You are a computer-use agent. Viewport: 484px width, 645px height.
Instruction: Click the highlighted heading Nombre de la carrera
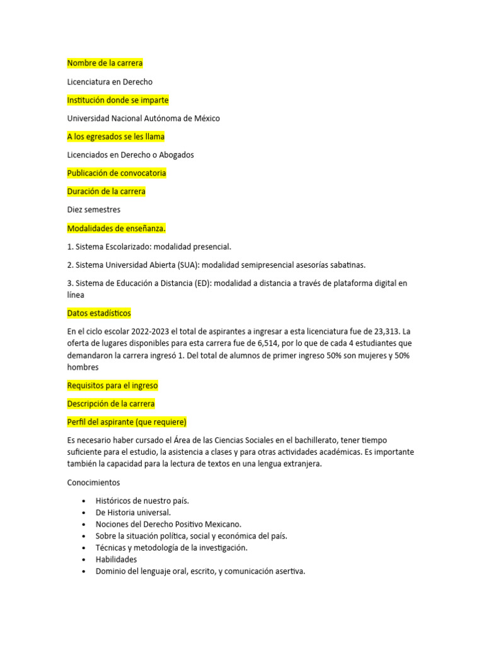point(105,63)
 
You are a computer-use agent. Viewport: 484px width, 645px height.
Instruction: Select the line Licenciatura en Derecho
point(110,82)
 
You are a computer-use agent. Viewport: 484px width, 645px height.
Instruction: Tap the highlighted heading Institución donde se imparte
point(118,100)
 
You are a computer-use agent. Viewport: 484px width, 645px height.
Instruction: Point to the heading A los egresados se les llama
point(116,137)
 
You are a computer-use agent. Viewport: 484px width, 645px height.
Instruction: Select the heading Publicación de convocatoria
point(117,173)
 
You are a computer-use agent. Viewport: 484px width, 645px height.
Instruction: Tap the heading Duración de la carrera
point(106,191)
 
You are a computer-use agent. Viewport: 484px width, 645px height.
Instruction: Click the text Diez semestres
point(94,210)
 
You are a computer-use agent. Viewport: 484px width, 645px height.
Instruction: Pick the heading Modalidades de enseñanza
point(117,228)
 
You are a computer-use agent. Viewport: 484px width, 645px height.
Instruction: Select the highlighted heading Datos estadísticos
point(99,313)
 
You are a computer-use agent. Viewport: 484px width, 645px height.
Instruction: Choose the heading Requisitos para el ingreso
point(112,385)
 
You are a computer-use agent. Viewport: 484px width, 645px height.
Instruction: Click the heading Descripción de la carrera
point(111,404)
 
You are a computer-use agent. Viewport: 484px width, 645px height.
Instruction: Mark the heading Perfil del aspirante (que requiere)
point(127,422)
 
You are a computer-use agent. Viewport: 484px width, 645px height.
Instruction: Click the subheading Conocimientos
point(93,482)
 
